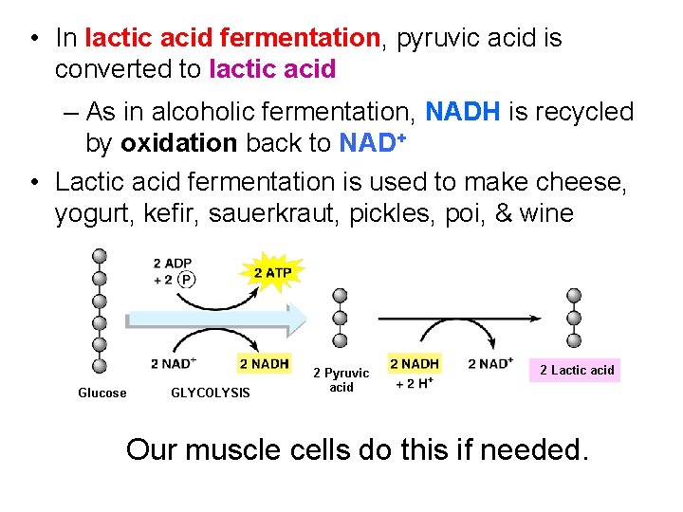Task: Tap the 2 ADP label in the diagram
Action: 172,263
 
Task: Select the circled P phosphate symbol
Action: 187,279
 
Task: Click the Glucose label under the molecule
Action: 102,393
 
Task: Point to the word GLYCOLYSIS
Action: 210,393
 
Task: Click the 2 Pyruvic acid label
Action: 341,380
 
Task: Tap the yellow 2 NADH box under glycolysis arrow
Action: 264,363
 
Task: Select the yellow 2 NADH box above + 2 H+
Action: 415,363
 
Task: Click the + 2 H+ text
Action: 415,382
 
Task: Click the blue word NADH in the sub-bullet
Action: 463,112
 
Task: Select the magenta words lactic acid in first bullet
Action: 272,69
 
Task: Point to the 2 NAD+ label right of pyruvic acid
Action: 491,363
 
